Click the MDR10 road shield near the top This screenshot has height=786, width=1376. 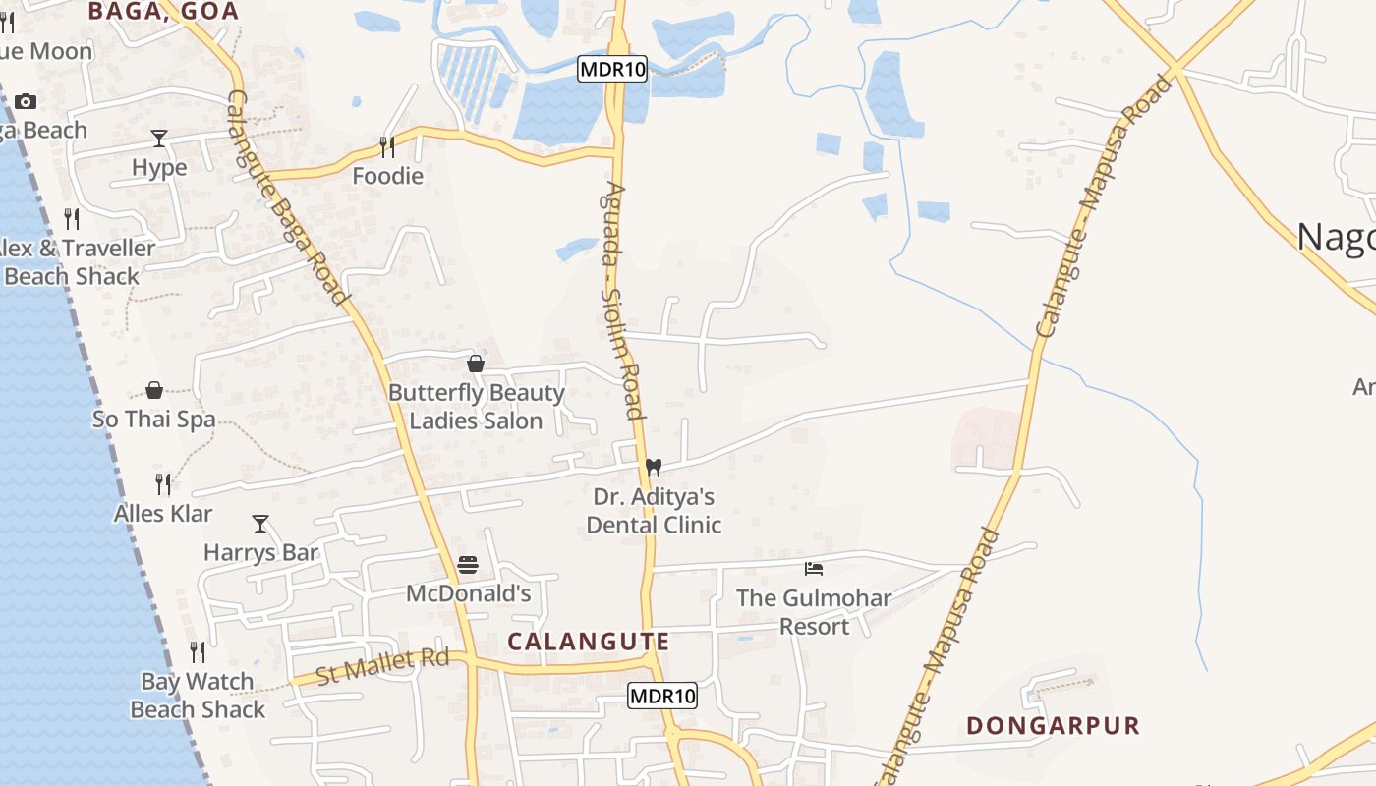click(x=611, y=69)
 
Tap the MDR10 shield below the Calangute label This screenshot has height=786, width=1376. click(x=662, y=696)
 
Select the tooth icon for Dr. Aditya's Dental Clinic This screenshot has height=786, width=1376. click(x=654, y=468)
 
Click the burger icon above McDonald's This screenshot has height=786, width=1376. click(x=468, y=565)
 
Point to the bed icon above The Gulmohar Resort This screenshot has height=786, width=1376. click(x=813, y=569)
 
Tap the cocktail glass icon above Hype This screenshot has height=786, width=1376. click(x=159, y=139)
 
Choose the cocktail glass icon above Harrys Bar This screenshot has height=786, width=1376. click(x=260, y=524)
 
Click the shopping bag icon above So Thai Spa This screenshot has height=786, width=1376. click(x=154, y=390)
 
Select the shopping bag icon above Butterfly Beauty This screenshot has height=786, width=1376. click(x=476, y=365)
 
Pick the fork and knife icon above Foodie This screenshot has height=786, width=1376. click(x=387, y=147)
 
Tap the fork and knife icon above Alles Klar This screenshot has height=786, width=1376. click(x=163, y=484)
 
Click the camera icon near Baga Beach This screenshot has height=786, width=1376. click(x=26, y=101)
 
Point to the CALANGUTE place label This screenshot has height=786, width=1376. click(x=589, y=642)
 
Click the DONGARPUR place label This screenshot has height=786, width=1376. click(x=1053, y=726)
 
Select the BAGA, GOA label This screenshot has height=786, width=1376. click(x=163, y=11)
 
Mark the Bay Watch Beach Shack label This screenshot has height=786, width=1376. click(x=198, y=696)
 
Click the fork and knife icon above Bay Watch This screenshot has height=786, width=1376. click(x=198, y=652)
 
